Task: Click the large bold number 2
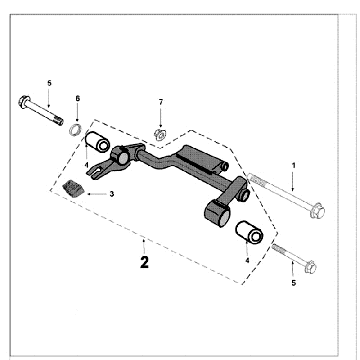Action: click(145, 264)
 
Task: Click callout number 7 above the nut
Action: click(160, 103)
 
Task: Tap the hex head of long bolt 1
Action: click(313, 211)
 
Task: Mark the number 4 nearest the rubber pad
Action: click(87, 165)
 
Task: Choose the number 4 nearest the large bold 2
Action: click(247, 260)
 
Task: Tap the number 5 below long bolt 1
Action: click(292, 284)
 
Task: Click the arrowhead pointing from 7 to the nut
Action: click(160, 120)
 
